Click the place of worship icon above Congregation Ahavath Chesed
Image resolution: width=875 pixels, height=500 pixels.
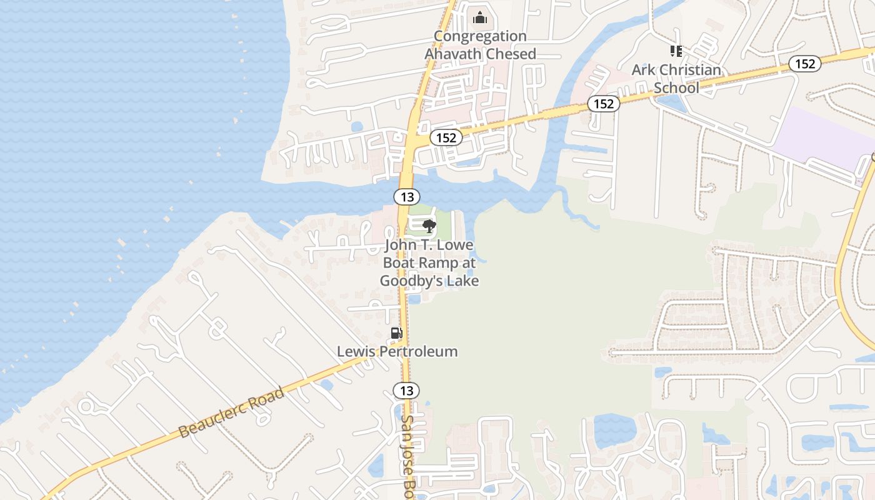(x=480, y=17)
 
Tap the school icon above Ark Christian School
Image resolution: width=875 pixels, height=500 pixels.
(x=676, y=51)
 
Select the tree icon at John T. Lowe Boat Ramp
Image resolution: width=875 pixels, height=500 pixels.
(x=429, y=226)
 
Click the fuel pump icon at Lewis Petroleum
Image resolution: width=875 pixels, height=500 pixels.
(x=396, y=333)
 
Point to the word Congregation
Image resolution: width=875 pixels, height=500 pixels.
(x=480, y=36)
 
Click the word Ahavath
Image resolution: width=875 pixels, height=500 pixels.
(x=454, y=54)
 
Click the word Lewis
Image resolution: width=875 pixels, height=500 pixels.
(x=356, y=351)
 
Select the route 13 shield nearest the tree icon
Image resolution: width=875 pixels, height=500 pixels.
(x=407, y=197)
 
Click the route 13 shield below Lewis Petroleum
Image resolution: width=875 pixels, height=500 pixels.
(x=406, y=391)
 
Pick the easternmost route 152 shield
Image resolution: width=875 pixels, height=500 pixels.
(x=804, y=63)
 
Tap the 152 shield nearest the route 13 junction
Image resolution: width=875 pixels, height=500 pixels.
(x=446, y=137)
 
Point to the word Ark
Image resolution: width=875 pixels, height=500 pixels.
(x=643, y=70)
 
